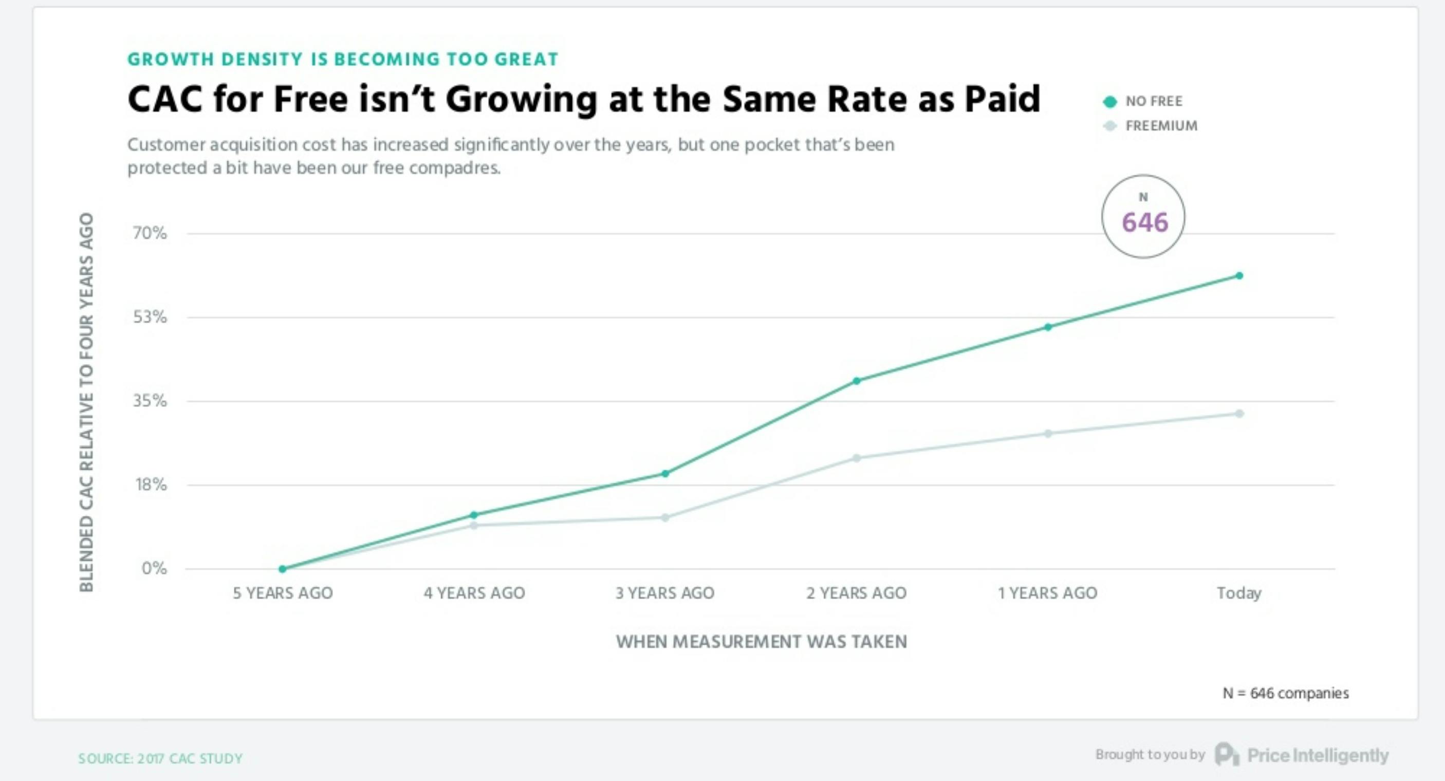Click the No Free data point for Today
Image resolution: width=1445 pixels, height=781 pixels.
[1239, 275]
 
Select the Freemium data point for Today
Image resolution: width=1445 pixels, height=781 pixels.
[1239, 414]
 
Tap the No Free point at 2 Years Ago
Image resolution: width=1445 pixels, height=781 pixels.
[857, 381]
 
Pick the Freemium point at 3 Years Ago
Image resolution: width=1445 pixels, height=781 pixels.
[665, 517]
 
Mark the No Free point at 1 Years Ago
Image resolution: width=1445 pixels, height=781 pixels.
[1048, 327]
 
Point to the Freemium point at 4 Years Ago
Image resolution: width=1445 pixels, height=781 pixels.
[474, 525]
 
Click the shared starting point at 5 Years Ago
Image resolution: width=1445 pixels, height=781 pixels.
[283, 568]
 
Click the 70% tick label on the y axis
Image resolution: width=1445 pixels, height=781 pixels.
[150, 233]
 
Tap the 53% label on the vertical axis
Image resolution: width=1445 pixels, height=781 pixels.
[150, 317]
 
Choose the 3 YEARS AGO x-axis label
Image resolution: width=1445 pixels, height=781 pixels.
[665, 593]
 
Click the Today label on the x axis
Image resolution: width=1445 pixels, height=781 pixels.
[1239, 593]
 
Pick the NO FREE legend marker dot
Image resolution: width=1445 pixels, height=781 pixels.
[1109, 102]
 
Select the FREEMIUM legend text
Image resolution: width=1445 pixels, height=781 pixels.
[1161, 126]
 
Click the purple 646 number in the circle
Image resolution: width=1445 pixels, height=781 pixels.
[1145, 222]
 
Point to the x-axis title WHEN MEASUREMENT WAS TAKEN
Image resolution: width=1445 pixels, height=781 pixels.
[761, 641]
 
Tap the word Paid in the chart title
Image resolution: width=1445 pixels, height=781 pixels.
[1002, 99]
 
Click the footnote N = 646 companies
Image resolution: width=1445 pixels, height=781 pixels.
[1286, 693]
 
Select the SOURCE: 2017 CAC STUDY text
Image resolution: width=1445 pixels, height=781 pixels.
[160, 758]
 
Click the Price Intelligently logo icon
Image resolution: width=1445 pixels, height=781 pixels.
[1227, 754]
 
